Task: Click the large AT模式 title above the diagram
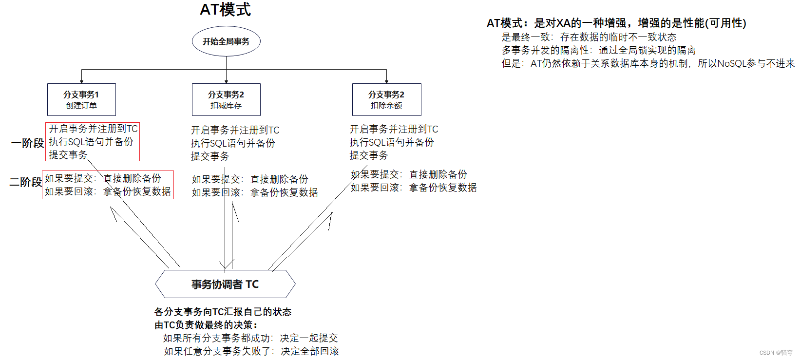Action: (x=225, y=10)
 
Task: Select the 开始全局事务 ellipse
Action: (x=226, y=41)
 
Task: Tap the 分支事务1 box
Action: (x=81, y=99)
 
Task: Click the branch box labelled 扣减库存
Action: (x=226, y=99)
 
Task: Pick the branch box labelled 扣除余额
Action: (x=386, y=99)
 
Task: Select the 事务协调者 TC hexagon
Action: (x=225, y=284)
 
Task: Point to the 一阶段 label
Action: (x=27, y=143)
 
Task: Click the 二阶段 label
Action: (x=26, y=182)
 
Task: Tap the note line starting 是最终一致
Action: (x=589, y=37)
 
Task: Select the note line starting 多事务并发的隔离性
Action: (x=598, y=50)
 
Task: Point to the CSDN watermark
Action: (x=776, y=353)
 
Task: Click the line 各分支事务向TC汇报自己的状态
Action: (x=223, y=312)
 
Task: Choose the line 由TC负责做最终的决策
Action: (x=206, y=325)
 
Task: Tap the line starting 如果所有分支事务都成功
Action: (x=250, y=338)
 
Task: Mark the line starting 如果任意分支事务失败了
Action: (x=251, y=351)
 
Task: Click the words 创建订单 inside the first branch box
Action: (x=81, y=106)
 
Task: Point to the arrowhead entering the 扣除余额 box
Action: (x=386, y=81)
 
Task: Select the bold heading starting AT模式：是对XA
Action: (x=616, y=23)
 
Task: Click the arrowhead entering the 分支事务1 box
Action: (x=81, y=81)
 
